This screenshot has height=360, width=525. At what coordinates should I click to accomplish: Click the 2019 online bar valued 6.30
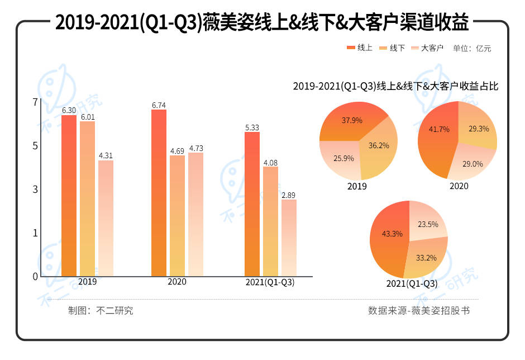tap(69, 196)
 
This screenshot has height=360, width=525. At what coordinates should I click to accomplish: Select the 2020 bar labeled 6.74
tap(159, 193)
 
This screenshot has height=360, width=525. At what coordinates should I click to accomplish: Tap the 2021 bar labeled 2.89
tap(289, 238)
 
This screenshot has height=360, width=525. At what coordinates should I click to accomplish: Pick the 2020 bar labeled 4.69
tap(177, 216)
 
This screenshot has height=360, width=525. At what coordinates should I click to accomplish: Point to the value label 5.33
tap(252, 127)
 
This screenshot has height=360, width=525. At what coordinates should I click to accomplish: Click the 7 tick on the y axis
tap(36, 102)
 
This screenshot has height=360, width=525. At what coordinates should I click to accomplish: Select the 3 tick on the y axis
tap(36, 189)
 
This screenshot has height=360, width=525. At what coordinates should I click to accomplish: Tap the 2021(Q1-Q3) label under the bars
tap(270, 282)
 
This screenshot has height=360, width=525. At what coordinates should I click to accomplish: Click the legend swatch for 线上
tap(351, 48)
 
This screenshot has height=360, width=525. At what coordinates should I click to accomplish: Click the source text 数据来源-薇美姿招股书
tap(419, 310)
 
